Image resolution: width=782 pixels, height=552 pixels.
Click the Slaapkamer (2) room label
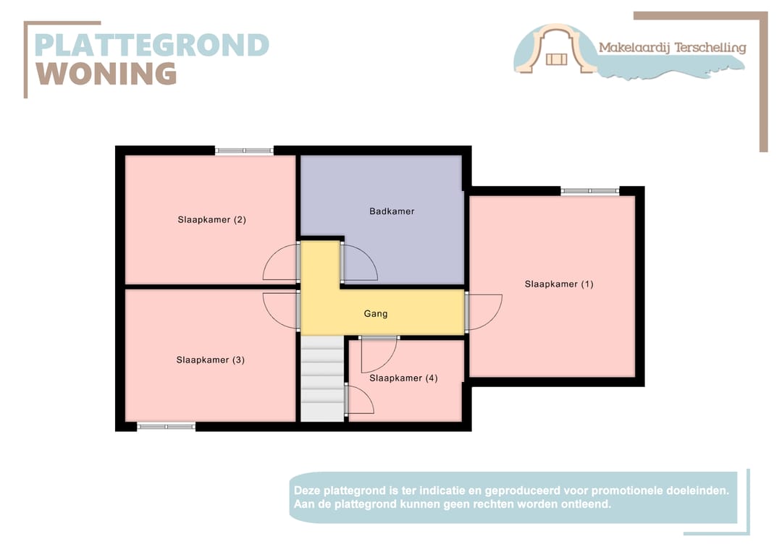[x=211, y=219]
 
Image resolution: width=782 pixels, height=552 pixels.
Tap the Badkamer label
[x=392, y=211]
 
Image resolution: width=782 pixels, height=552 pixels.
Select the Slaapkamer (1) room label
[x=559, y=284]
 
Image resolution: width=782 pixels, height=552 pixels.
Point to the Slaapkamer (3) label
[x=210, y=360]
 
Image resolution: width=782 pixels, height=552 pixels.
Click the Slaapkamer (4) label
[x=403, y=378]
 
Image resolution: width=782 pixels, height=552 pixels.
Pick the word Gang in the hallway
[x=376, y=313]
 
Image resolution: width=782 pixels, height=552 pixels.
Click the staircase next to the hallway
[x=322, y=379]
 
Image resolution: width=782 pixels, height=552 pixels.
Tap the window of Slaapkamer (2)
[x=244, y=150]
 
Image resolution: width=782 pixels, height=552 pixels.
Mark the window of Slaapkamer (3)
[x=167, y=427]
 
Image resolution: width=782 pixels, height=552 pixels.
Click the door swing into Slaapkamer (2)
[x=281, y=263]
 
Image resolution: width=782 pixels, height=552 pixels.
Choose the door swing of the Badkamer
[x=359, y=263]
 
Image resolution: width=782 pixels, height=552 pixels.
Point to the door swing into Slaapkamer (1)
[x=484, y=312]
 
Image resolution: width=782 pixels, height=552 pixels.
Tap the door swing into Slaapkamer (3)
[x=281, y=310]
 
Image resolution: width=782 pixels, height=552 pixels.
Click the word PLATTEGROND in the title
[x=152, y=45]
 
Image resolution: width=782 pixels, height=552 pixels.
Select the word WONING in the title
[x=107, y=73]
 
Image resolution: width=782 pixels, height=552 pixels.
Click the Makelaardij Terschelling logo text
[x=672, y=48]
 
